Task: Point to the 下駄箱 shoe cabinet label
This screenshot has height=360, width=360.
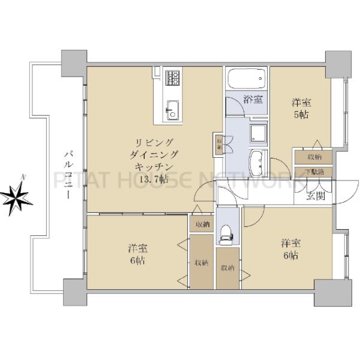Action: (313, 172)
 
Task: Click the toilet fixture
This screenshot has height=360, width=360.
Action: (227, 233)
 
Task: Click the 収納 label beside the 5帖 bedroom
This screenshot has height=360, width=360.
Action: (314, 157)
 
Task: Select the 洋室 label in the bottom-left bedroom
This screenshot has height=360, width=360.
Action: (138, 248)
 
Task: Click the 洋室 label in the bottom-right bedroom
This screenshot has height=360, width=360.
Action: (291, 243)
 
